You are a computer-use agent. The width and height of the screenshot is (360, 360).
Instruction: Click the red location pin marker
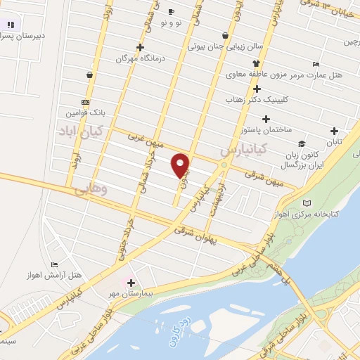[181, 165]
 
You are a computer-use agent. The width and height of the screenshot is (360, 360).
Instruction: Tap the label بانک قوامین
[86, 112]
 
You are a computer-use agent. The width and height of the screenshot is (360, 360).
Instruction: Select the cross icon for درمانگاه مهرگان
[141, 48]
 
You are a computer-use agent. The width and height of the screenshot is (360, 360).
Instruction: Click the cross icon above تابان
[333, 130]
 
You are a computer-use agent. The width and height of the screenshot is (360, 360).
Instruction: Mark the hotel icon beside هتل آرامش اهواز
[54, 264]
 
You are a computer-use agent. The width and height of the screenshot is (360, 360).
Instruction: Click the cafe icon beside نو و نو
[172, 12]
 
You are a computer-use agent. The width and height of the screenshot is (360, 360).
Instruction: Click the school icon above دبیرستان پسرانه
[10, 23]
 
